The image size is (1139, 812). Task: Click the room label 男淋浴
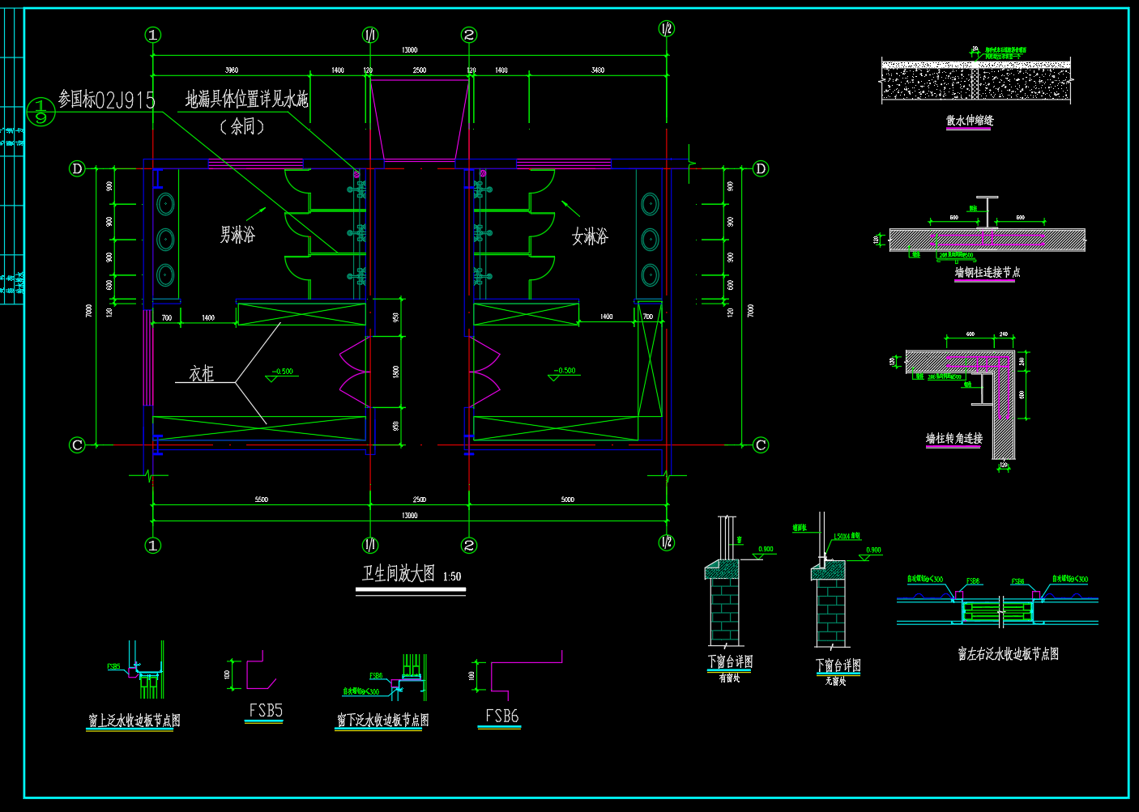[237, 235]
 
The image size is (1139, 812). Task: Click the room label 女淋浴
[590, 236]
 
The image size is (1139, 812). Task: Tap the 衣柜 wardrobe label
[202, 373]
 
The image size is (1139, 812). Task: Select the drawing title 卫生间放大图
[399, 574]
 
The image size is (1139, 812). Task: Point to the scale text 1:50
[452, 576]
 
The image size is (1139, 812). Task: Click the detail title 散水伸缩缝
[970, 121]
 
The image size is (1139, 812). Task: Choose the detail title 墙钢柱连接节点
[987, 273]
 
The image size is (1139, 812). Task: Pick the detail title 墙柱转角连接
[954, 438]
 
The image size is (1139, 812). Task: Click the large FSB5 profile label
[266, 711]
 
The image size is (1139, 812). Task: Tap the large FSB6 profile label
[501, 716]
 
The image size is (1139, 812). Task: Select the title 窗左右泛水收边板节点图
[1008, 654]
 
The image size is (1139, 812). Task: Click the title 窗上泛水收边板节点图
[134, 721]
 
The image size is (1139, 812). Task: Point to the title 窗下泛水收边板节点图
[382, 721]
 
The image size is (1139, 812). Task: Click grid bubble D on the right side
[760, 168]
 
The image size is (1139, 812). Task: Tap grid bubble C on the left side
[77, 444]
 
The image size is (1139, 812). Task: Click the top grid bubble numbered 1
[152, 35]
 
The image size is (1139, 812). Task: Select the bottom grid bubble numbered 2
[469, 546]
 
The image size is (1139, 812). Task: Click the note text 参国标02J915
[106, 100]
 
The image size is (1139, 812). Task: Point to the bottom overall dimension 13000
[410, 515]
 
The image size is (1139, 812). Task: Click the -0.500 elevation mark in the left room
[283, 372]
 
